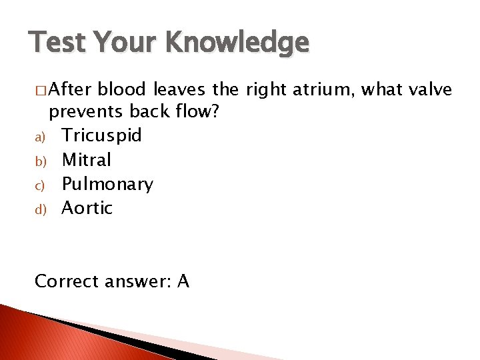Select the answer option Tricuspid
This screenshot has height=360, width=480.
[x=101, y=136]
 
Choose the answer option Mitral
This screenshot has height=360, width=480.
[x=87, y=160]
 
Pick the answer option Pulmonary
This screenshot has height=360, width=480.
[x=107, y=184]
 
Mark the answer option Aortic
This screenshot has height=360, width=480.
[x=87, y=208]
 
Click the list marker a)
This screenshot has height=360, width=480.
[x=39, y=137]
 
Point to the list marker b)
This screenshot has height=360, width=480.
[x=39, y=161]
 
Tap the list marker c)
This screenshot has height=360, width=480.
[x=39, y=185]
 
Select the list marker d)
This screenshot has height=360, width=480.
[x=39, y=209]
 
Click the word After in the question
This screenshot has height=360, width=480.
[x=73, y=89]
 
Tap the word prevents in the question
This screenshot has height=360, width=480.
[x=87, y=111]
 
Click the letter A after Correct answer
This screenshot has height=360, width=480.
[x=183, y=281]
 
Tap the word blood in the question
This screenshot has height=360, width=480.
[x=126, y=89]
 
